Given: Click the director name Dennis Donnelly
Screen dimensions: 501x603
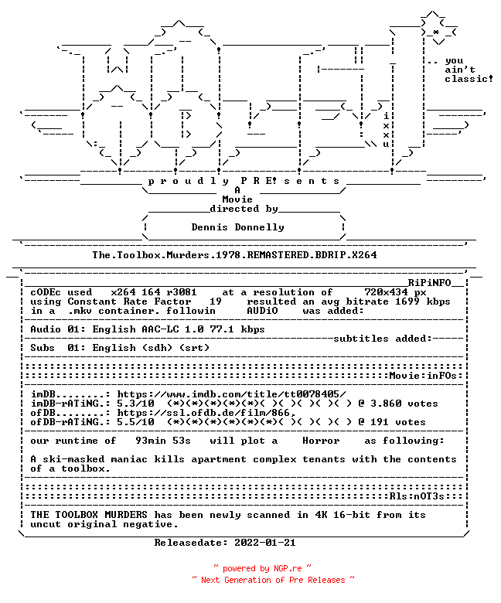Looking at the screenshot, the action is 237,227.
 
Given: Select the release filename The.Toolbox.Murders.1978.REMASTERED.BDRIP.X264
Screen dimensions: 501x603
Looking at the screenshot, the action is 234,255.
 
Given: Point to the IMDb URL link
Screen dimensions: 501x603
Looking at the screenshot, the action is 231,394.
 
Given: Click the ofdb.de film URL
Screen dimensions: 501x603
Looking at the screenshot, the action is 206,413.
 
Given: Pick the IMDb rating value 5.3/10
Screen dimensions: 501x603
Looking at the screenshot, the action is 136,404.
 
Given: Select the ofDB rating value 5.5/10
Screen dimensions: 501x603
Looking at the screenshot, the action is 136,422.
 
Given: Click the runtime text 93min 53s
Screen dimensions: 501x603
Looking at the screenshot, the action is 163,441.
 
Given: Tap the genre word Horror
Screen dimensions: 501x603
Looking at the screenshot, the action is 321,441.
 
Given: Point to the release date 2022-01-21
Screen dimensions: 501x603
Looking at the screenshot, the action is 265,543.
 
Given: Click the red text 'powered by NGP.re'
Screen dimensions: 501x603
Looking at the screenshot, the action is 262,568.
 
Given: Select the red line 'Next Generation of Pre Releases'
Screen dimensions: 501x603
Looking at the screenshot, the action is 273,580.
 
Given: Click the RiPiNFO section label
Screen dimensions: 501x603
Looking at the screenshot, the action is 429,283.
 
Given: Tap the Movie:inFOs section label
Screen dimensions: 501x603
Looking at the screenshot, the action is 423,376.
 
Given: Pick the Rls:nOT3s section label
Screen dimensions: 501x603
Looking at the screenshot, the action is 417,496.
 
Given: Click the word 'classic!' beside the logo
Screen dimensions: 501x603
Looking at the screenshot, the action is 469,79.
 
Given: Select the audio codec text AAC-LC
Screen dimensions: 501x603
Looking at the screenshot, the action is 160,329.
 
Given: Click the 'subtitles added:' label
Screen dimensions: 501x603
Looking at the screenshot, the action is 383,339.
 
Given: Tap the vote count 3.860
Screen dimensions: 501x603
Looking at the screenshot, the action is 386,404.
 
